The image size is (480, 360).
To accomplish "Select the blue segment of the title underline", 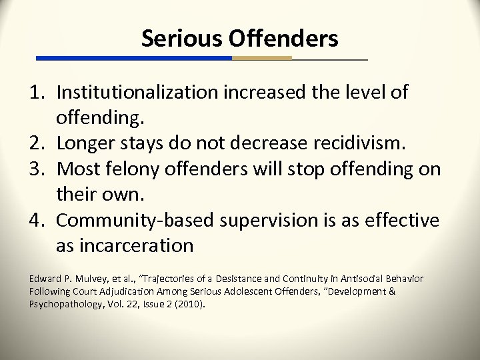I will pyautogui.click(x=133, y=58).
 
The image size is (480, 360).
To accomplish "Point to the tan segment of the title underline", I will pyautogui.click(x=261, y=58).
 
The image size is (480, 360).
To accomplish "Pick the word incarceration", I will pyautogui.click(x=138, y=246).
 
